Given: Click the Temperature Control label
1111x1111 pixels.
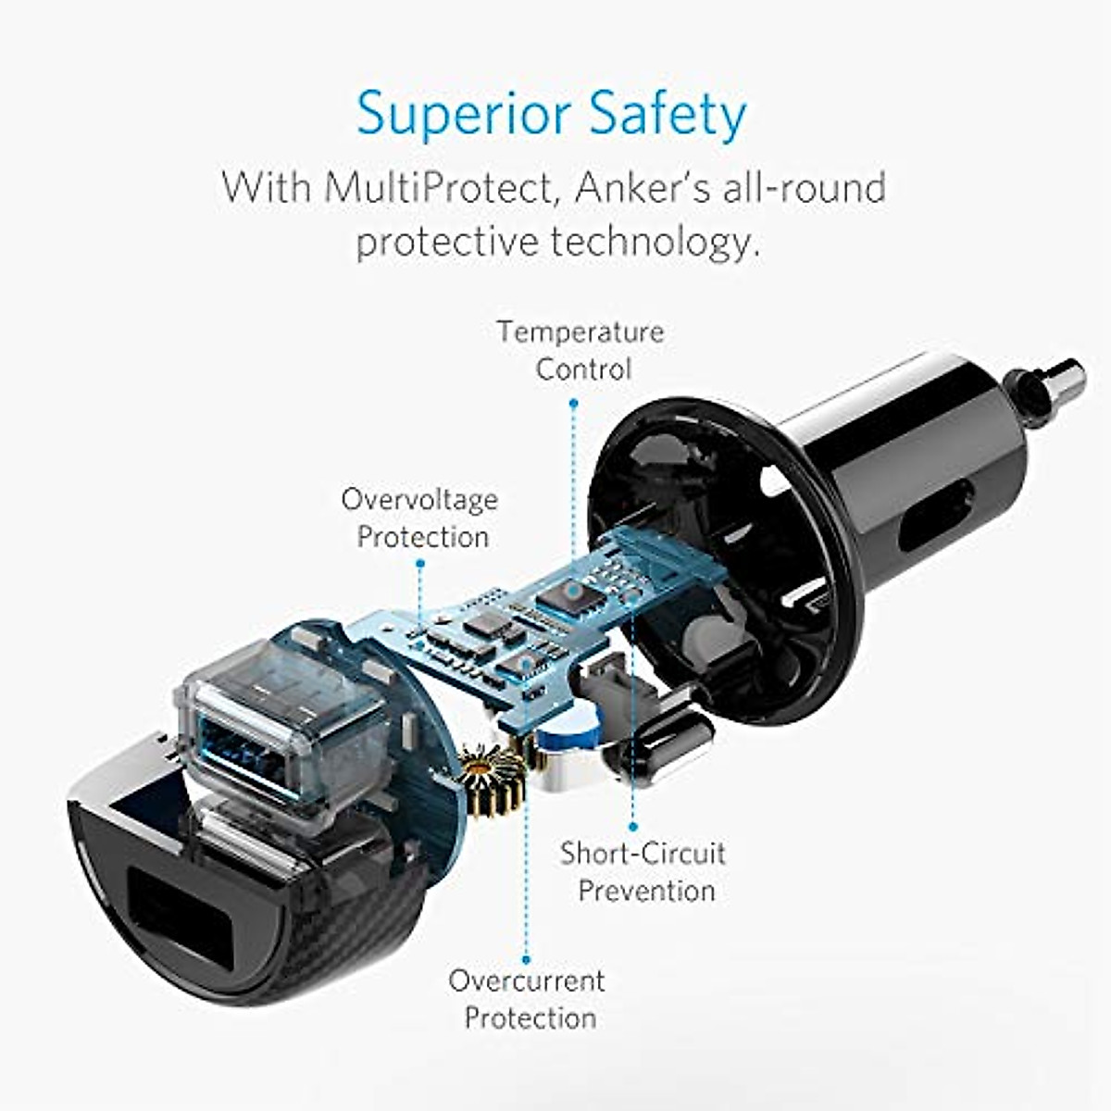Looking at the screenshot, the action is (x=581, y=350).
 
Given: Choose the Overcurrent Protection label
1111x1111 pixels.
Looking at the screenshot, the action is (x=528, y=998).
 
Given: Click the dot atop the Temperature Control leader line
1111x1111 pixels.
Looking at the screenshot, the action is (x=573, y=403).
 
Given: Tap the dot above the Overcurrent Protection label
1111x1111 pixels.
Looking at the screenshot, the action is (x=526, y=960).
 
